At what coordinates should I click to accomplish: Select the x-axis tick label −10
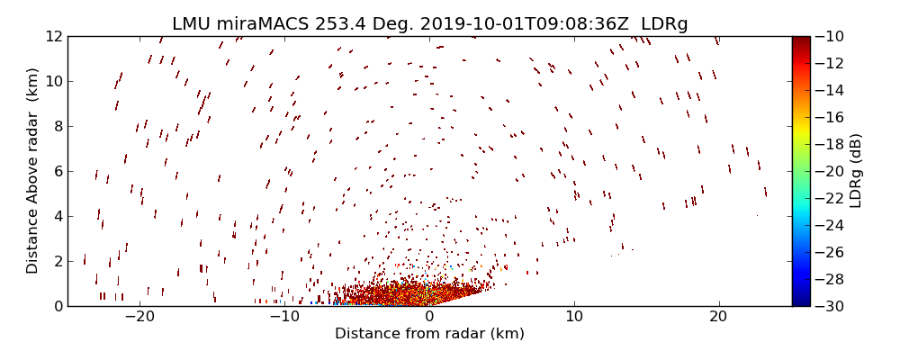pos(284,317)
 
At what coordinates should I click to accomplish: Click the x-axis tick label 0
pos(429,317)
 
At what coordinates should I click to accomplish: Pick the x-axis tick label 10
pos(573,317)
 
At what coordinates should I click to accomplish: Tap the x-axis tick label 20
pos(718,317)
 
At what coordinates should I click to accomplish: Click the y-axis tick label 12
pos(52,36)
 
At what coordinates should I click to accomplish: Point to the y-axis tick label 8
pos(57,126)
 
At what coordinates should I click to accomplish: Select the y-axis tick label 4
pos(57,216)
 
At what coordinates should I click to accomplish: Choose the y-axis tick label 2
pos(57,261)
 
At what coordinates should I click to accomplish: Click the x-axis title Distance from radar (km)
pos(429,334)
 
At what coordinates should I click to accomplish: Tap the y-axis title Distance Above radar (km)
pos(33,171)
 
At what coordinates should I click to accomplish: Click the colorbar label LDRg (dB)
pos(856,171)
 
